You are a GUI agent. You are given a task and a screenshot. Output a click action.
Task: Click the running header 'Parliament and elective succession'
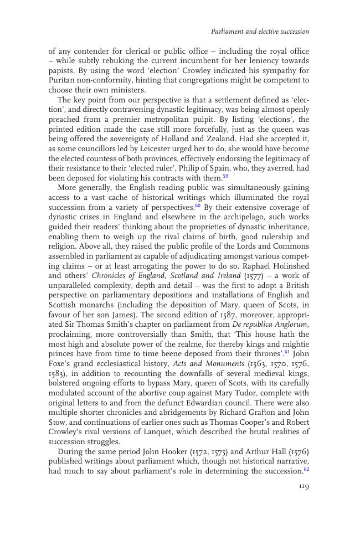[260, 32]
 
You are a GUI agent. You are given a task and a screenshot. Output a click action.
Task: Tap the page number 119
[304, 486]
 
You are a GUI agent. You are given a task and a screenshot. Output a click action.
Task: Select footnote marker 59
[225, 177]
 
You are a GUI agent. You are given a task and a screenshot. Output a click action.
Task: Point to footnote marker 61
[287, 353]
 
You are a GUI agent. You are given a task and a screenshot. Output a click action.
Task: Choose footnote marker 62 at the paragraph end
[306, 470]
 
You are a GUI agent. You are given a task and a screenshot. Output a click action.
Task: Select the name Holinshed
[289, 266]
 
